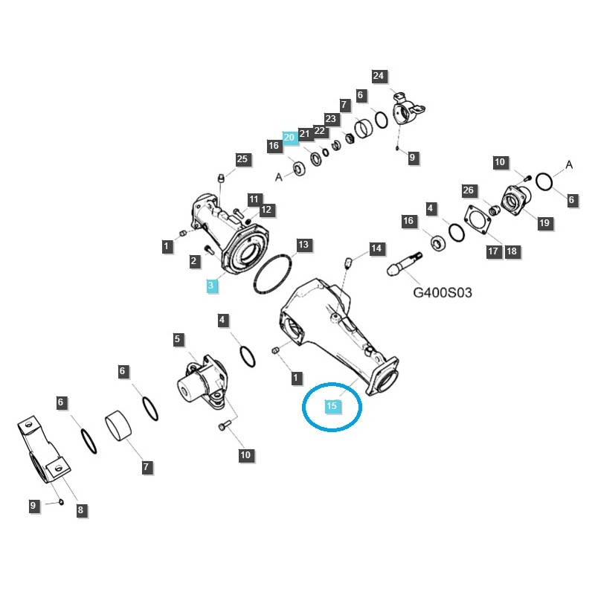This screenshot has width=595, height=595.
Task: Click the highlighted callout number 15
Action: click(x=332, y=406)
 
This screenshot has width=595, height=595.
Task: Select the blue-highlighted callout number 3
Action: click(x=210, y=285)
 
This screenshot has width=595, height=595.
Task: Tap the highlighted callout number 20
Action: click(x=290, y=138)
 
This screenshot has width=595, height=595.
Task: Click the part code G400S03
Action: click(x=443, y=293)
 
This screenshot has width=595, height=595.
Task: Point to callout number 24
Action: click(x=379, y=76)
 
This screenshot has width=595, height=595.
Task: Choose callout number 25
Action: click(x=242, y=159)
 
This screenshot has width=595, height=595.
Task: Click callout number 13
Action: click(x=303, y=244)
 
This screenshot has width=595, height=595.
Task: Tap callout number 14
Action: click(x=376, y=248)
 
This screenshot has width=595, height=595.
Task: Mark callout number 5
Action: click(x=178, y=340)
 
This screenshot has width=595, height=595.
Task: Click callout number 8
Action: click(x=80, y=510)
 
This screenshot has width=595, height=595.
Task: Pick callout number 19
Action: click(x=544, y=223)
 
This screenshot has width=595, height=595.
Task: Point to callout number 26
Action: click(x=468, y=190)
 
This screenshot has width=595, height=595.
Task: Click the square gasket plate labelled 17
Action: click(x=476, y=223)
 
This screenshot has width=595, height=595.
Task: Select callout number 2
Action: click(x=193, y=260)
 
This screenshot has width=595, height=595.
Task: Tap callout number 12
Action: click(x=266, y=210)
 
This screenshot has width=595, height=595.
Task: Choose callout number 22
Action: click(x=320, y=131)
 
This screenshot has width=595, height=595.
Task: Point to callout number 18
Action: click(x=511, y=251)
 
